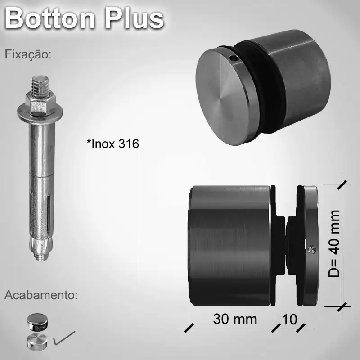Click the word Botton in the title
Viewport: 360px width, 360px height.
click(x=50, y=19)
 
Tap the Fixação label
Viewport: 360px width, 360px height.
click(x=28, y=55)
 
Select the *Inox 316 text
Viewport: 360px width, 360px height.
click(x=113, y=144)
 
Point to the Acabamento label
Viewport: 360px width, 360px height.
click(x=41, y=296)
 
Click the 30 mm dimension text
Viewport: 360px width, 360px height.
click(x=235, y=319)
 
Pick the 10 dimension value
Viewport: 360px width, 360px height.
click(x=289, y=319)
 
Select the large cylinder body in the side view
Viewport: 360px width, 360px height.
click(x=229, y=245)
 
